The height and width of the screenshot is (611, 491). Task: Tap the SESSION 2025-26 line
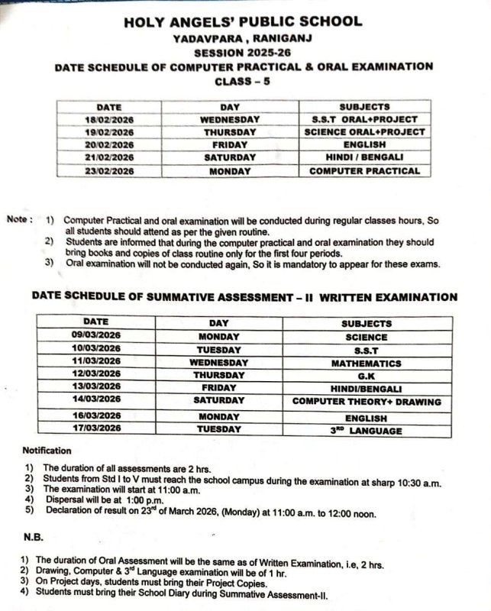point(243,53)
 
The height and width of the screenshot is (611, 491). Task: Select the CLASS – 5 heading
point(243,81)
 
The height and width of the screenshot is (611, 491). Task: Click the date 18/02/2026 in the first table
point(109,120)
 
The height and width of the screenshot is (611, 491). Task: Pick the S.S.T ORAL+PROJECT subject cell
point(364,120)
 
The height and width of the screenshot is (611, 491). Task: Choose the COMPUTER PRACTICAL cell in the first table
point(364,171)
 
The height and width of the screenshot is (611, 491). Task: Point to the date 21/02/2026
point(109,158)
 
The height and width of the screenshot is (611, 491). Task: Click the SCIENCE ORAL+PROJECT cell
point(364,132)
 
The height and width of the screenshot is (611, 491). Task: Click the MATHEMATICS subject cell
point(366,362)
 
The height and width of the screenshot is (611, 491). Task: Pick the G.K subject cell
point(366,375)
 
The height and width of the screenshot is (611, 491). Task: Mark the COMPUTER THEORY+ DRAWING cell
point(366,401)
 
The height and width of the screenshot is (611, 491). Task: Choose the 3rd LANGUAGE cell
point(366,431)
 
